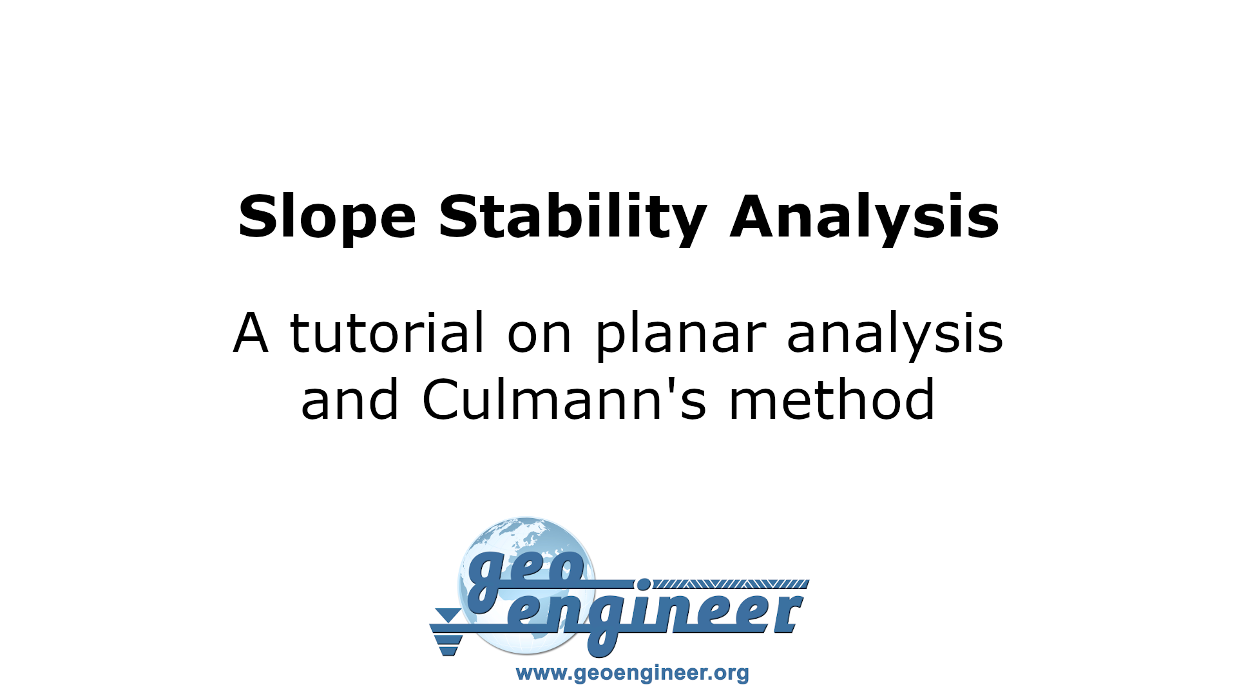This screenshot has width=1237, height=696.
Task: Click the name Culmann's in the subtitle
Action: click(564, 400)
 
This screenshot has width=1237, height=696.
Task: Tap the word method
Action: click(832, 400)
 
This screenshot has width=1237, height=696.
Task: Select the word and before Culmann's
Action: click(350, 400)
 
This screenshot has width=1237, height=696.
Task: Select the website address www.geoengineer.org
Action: click(632, 673)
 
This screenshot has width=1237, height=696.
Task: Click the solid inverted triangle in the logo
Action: click(448, 615)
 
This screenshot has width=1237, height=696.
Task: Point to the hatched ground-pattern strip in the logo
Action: click(731, 584)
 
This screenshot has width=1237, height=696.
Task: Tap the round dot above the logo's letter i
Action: click(643, 585)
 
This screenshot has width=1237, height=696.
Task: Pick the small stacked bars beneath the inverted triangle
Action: click(448, 644)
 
